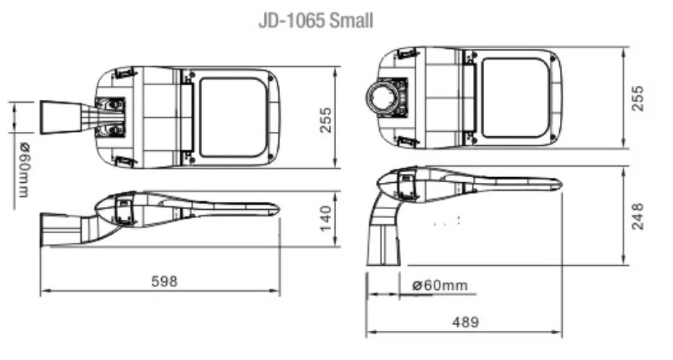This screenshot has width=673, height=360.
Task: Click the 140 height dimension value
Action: [x=325, y=217]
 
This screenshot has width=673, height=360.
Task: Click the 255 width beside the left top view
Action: [x=325, y=119]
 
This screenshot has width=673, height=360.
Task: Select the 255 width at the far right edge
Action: [x=637, y=98]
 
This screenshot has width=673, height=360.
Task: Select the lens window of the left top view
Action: [x=233, y=117]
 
